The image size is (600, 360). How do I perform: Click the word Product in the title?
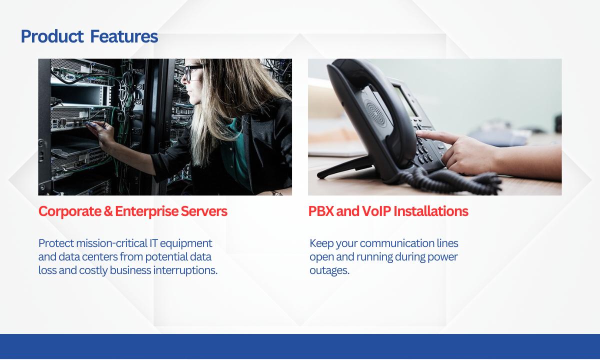(x=52, y=36)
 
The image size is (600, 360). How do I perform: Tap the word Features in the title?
(x=124, y=36)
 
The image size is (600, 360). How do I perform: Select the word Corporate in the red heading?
(x=70, y=211)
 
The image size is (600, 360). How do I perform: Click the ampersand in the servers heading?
(x=108, y=211)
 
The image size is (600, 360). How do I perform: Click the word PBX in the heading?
(x=320, y=211)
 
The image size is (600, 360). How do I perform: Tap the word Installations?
(x=431, y=211)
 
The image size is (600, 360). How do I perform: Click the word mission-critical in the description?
(x=111, y=243)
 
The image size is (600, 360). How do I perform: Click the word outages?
(x=329, y=271)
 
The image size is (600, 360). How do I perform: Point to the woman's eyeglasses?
(x=193, y=72)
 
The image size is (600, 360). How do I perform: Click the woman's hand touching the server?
(x=102, y=134)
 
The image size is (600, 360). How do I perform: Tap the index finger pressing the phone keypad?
(x=435, y=136)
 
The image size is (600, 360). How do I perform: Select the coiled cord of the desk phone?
(x=450, y=182)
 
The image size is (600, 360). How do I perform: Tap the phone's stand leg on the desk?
(x=345, y=167)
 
